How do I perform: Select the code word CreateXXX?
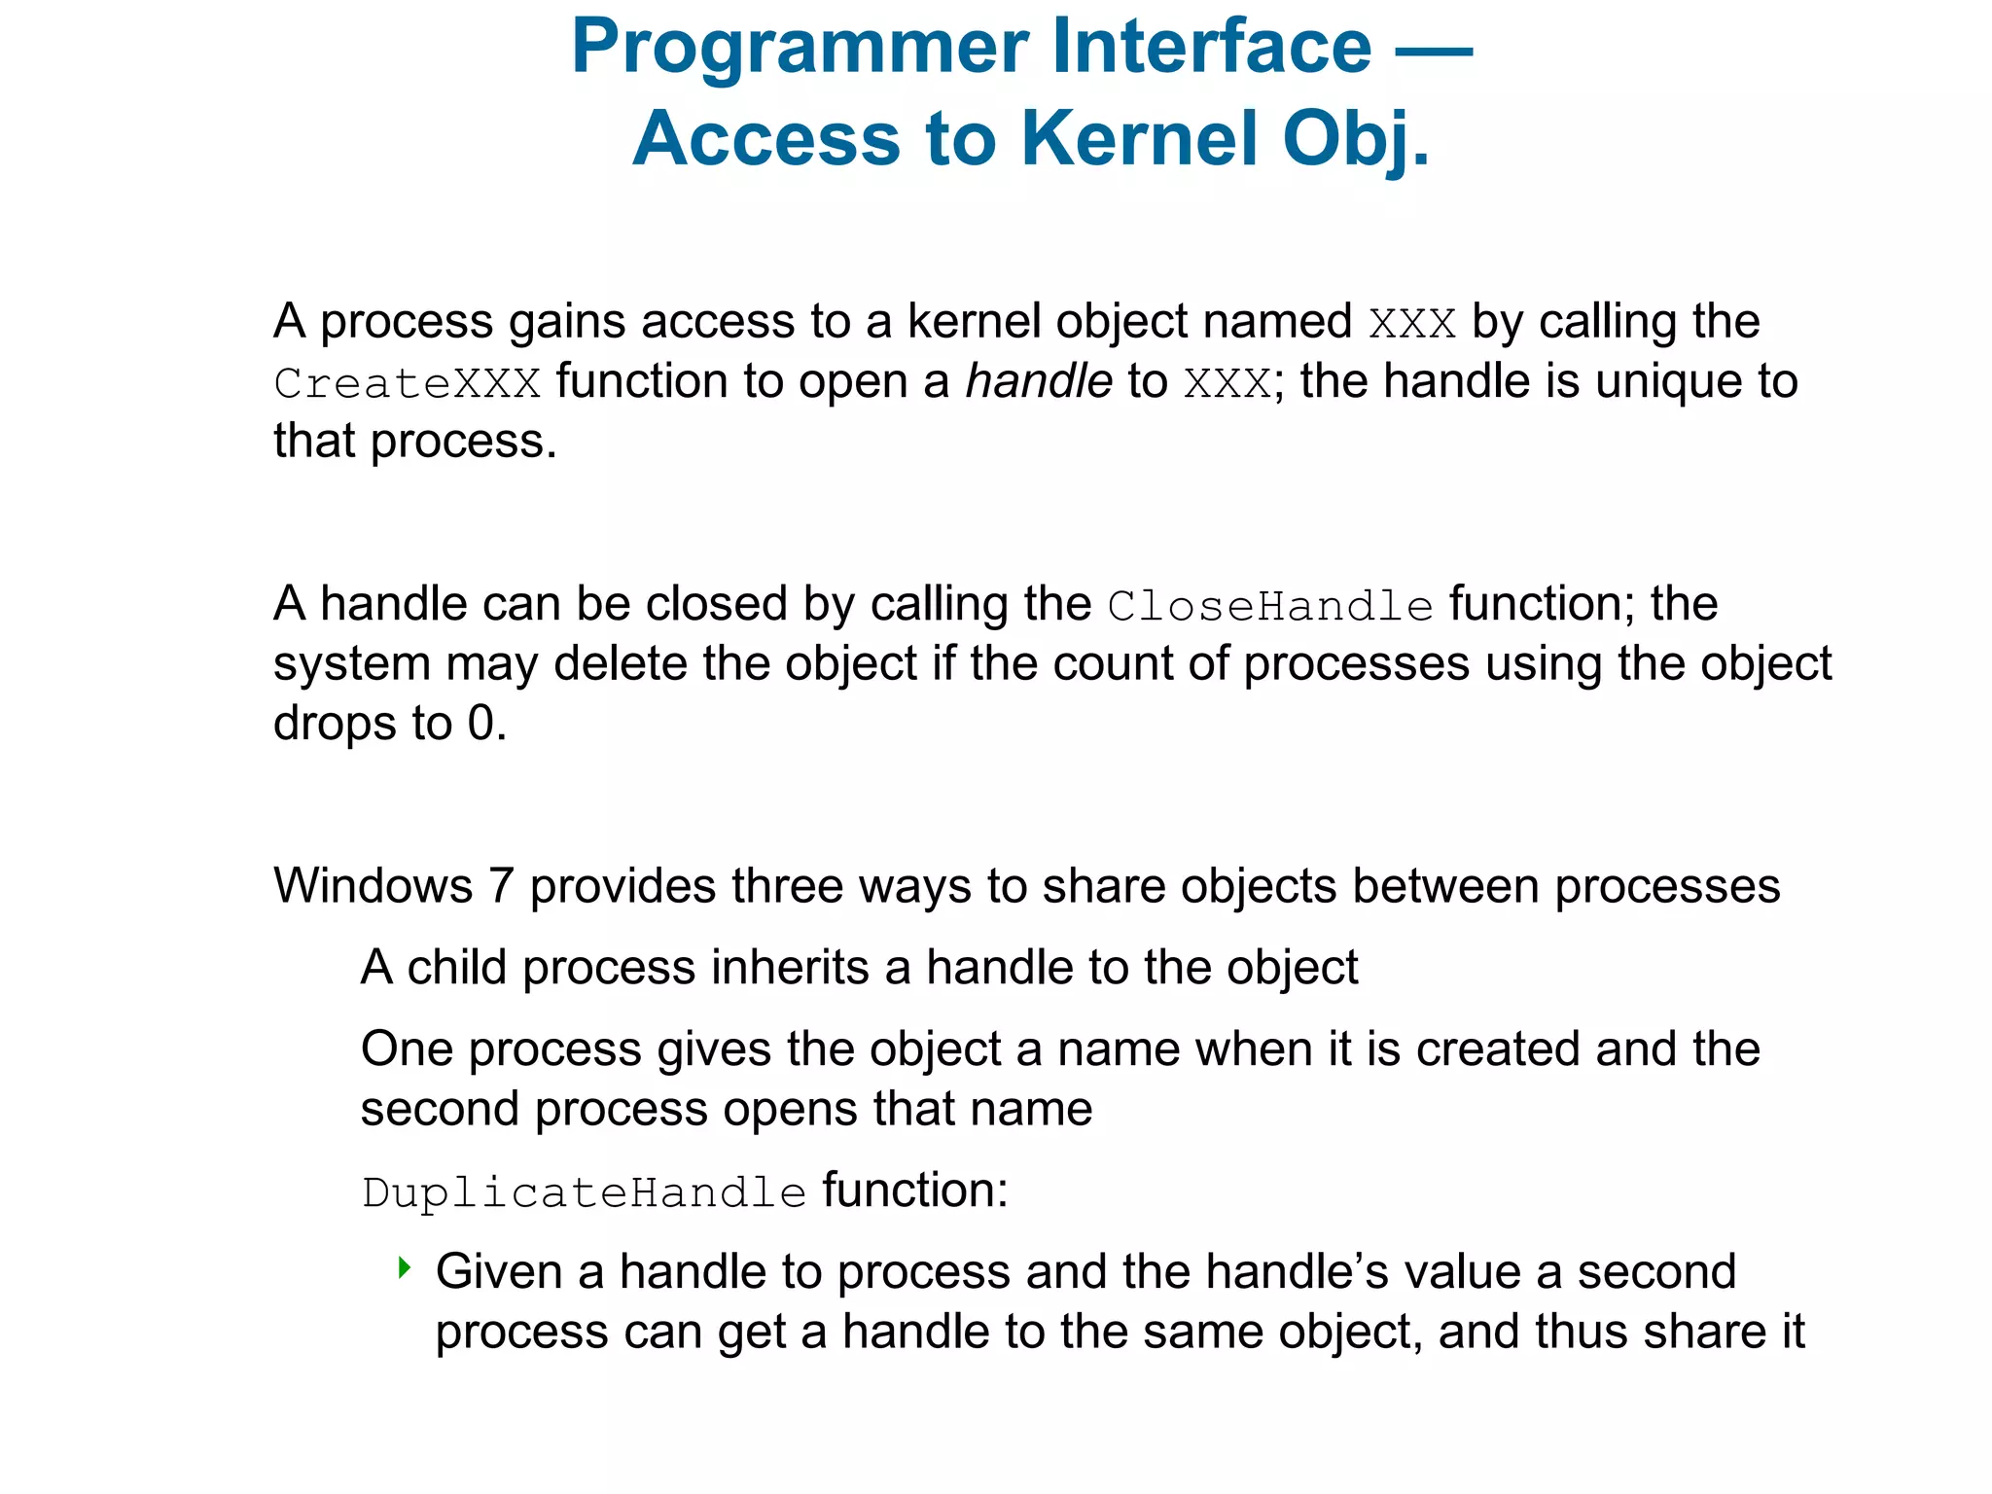(407, 383)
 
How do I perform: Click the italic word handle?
(1038, 381)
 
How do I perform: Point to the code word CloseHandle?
(1270, 607)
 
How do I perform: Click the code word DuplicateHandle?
(584, 1193)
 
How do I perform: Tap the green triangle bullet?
(405, 1267)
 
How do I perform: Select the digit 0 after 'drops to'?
(481, 724)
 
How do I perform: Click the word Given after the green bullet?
(499, 1272)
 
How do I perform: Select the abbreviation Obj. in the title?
(1356, 139)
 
